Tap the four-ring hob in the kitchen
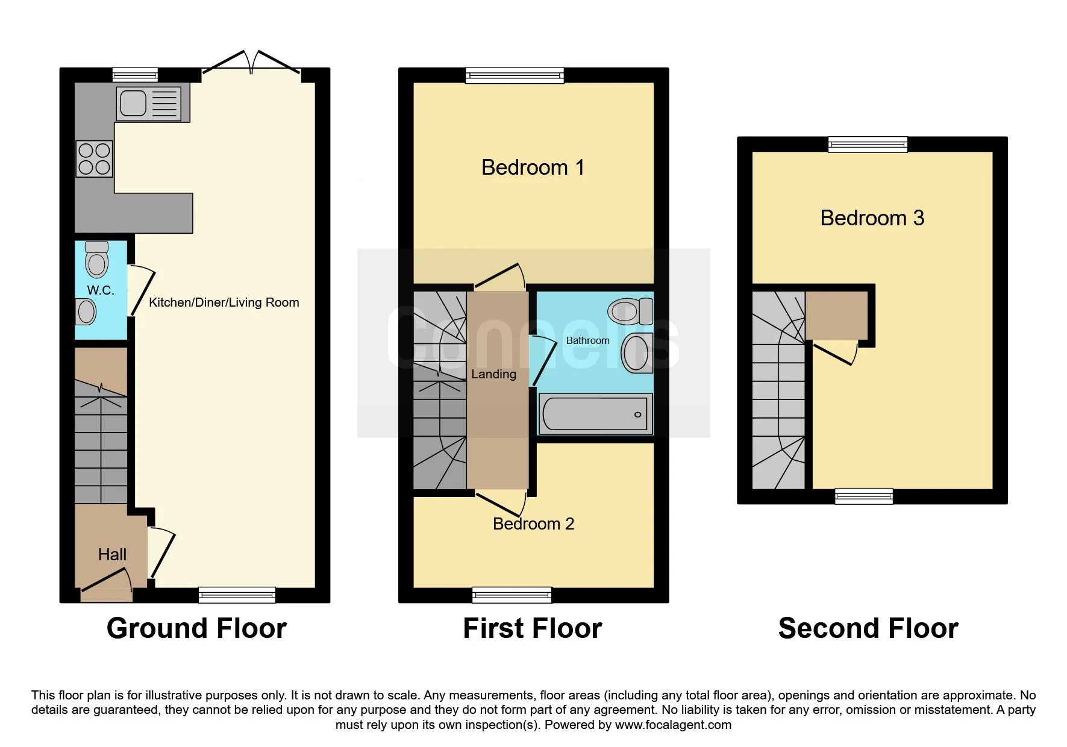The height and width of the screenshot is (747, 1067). tap(95, 158)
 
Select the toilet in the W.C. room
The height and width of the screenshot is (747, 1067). tap(96, 259)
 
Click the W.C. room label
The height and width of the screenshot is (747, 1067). tap(101, 290)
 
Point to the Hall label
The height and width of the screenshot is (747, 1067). tap(112, 555)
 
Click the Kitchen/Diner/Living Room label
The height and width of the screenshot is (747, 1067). tap(224, 302)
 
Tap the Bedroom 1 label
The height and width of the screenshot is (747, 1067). tap(533, 167)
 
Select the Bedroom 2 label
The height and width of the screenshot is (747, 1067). tap(534, 524)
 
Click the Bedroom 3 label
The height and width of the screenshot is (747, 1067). tap(872, 218)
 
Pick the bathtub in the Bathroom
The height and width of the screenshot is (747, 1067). tap(595, 414)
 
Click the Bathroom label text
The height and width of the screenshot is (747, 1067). tap(588, 340)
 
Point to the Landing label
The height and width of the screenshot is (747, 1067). tap(494, 374)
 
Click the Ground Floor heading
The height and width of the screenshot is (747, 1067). tap(196, 628)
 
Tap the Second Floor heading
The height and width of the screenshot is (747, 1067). tap(868, 628)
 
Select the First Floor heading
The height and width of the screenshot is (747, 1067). tap(533, 628)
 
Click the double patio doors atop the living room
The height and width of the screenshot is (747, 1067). tap(251, 63)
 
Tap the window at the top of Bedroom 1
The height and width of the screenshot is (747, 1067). tap(515, 75)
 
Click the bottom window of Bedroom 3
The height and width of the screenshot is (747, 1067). tap(864, 496)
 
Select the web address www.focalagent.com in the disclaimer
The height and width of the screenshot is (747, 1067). tap(674, 725)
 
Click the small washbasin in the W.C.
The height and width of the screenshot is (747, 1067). tap(86, 311)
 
